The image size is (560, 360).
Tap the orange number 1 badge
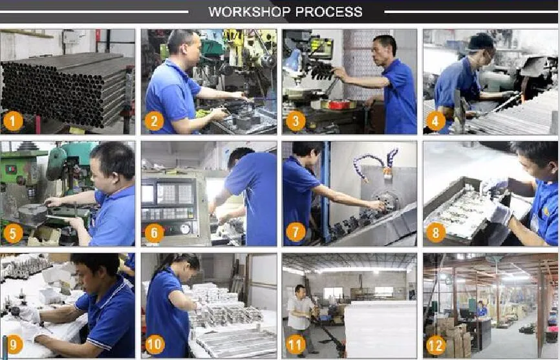13,122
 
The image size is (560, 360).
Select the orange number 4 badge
435,122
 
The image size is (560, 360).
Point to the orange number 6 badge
155,233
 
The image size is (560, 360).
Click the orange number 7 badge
296,233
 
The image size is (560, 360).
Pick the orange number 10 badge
155,344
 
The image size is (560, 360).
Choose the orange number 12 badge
436,344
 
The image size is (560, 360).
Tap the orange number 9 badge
14,344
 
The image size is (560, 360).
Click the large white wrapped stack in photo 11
380,329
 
